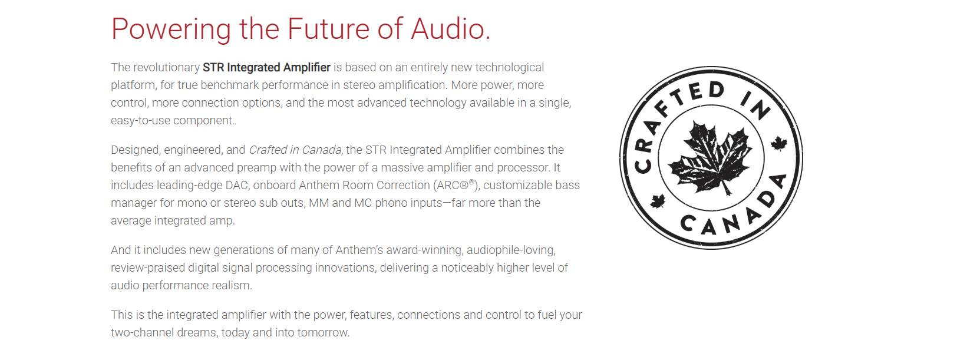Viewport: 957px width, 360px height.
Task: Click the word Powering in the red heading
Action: [171, 29]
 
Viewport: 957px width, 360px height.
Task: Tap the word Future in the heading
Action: [328, 29]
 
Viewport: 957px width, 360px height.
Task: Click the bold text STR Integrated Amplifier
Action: [266, 68]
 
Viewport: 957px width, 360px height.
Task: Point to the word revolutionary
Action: [167, 68]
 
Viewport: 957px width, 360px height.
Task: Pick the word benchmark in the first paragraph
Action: [229, 85]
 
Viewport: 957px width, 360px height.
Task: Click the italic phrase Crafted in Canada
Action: [295, 150]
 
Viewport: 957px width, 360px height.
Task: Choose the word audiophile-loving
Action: [511, 250]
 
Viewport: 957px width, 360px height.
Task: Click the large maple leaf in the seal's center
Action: [711, 157]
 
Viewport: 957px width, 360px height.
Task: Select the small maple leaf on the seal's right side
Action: [779, 144]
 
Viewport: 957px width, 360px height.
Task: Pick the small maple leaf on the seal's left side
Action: [658, 201]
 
